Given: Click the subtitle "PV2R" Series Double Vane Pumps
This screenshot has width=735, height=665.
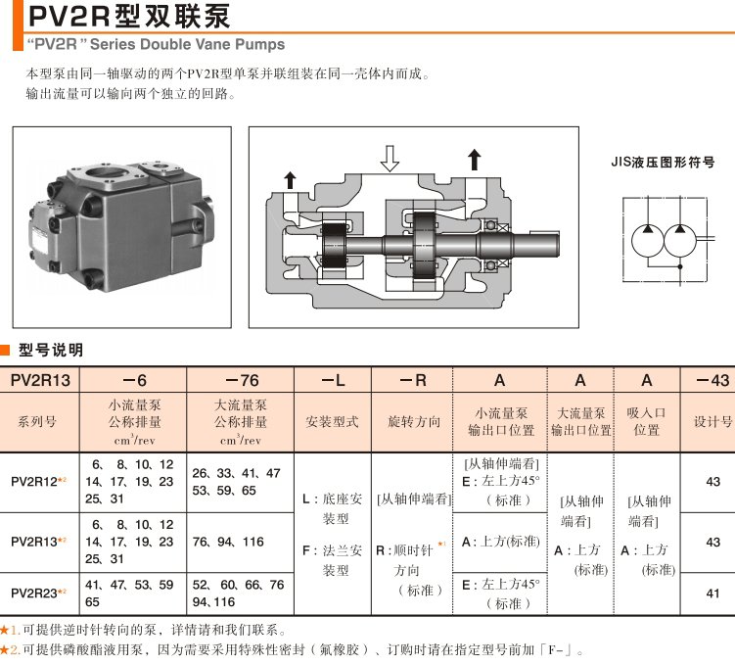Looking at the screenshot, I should coord(156,44).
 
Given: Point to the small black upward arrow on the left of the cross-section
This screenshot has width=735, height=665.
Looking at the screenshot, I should coord(290,178).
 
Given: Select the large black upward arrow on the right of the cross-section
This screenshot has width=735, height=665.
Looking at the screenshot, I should coord(475,160).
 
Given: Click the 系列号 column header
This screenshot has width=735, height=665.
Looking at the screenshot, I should coord(38,422).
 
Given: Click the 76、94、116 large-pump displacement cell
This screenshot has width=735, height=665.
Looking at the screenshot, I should coord(228,542).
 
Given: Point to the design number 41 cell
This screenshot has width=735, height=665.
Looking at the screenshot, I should coord(712,593).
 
